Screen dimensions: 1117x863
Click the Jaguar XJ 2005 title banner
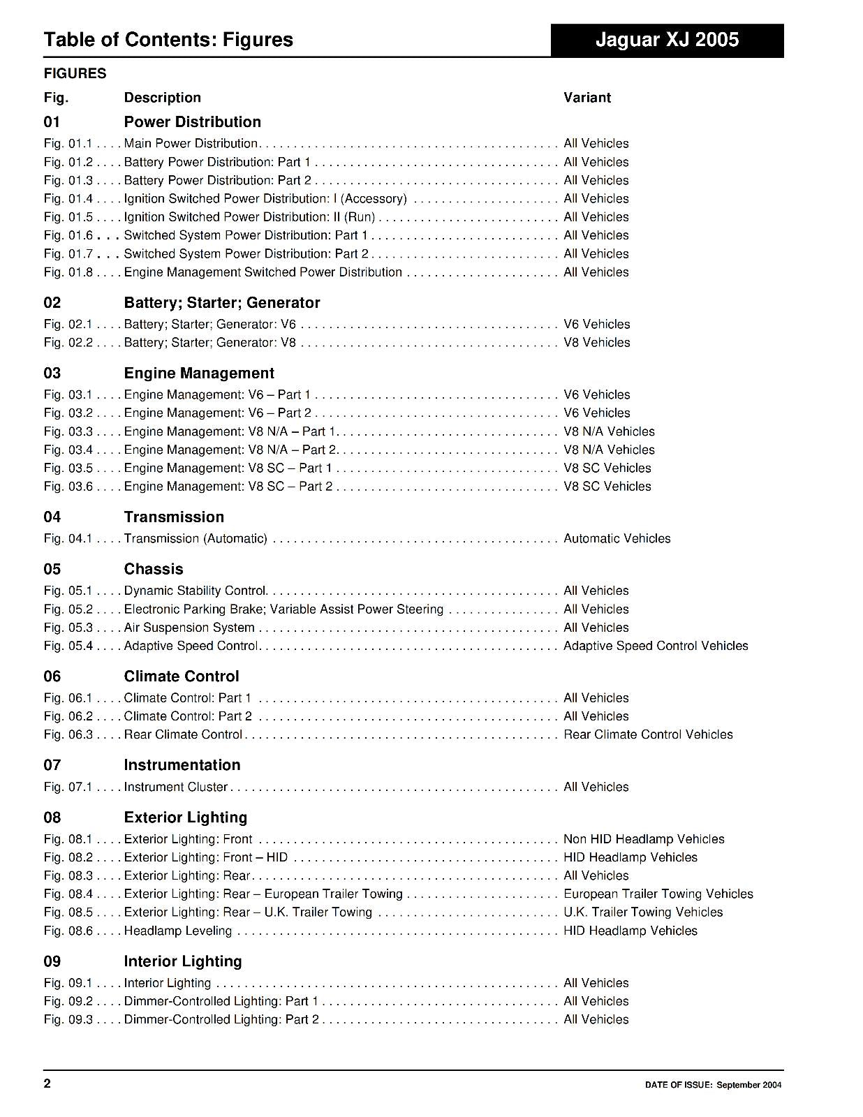pos(667,40)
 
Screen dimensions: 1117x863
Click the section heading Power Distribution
pos(192,121)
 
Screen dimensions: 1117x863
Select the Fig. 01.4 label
pos(68,198)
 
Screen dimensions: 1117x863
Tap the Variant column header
pos(587,98)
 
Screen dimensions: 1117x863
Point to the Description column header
pos(162,98)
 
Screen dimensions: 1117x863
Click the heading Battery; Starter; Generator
pos(221,302)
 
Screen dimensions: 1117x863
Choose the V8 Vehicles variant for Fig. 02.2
pos(596,342)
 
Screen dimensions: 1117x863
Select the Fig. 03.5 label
pos(68,468)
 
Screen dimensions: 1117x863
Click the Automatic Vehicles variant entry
pos(617,538)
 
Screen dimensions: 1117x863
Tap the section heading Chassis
pos(153,569)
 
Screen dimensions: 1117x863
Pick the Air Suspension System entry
pos(189,628)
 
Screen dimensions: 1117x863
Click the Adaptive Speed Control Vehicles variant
pos(656,646)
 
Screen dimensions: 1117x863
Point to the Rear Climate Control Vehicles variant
pos(648,734)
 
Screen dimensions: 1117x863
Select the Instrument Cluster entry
pos(175,787)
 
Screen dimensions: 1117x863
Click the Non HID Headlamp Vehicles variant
pos(644,839)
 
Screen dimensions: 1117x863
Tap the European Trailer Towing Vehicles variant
pos(658,894)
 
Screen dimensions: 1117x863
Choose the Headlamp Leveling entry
pos(177,931)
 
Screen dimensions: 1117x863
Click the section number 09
pos(52,961)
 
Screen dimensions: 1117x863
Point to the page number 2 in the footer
pos(47,1083)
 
